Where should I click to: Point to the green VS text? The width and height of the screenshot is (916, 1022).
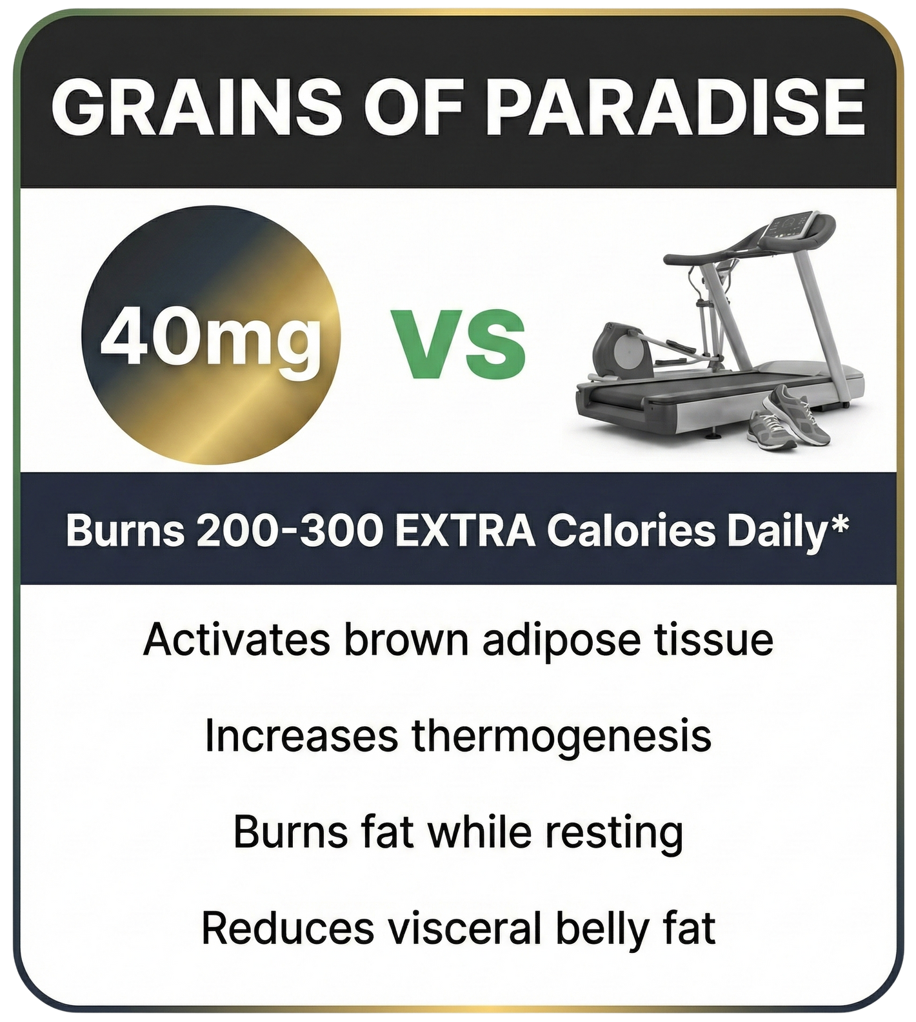click(459, 343)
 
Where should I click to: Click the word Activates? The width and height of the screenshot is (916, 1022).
click(237, 640)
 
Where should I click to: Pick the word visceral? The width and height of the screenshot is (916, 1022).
click(464, 928)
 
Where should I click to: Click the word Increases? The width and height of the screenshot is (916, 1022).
click(301, 736)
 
